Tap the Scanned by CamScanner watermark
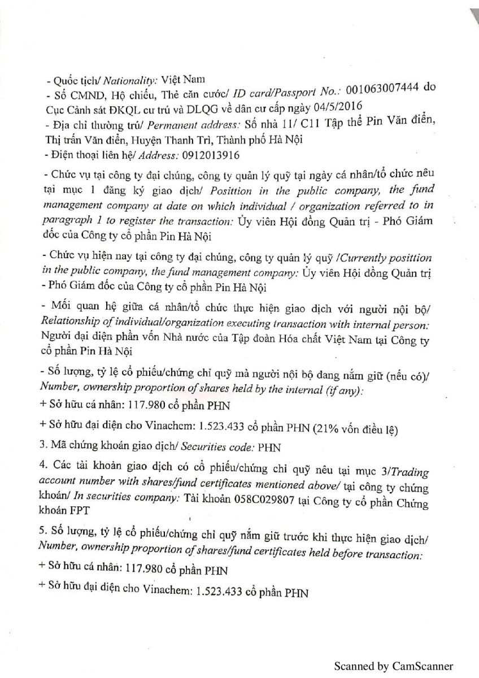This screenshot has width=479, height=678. pos(393,666)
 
